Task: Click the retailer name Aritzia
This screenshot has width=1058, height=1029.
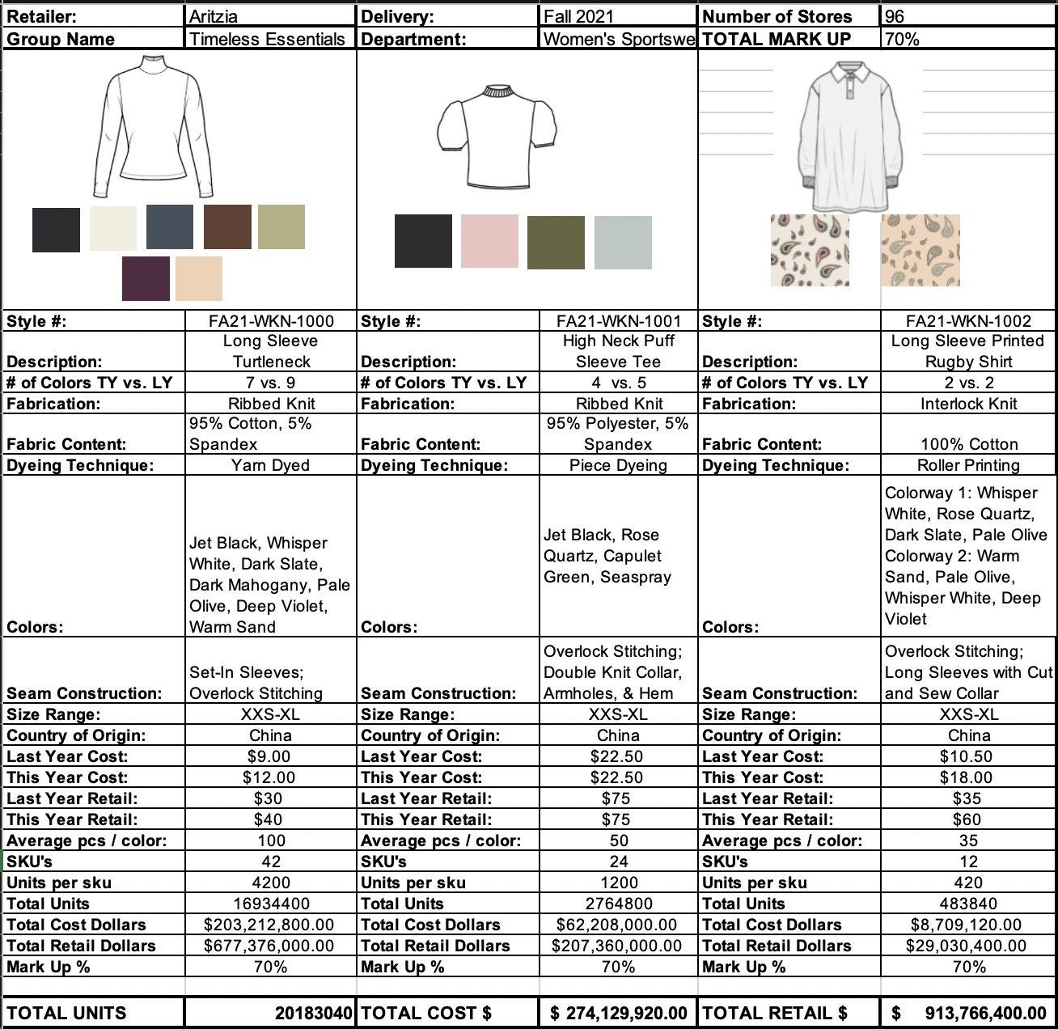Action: click(214, 16)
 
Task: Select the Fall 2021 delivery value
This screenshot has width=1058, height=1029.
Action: click(578, 16)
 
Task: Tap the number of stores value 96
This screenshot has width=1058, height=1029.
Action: click(895, 16)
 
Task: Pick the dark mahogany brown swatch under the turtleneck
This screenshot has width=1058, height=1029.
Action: click(227, 227)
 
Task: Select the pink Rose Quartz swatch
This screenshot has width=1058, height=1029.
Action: click(489, 241)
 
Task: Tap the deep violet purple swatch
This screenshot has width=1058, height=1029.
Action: click(146, 278)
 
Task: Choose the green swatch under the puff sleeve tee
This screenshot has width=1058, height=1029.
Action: click(556, 242)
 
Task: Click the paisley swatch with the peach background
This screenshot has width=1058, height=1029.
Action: click(920, 250)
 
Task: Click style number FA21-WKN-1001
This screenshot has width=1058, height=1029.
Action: click(619, 321)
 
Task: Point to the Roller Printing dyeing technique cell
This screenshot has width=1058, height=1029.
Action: click(968, 465)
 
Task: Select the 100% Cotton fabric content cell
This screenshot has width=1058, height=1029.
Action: click(968, 444)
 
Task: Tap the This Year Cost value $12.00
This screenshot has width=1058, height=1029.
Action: click(269, 777)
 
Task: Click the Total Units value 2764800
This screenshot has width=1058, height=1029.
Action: click(619, 904)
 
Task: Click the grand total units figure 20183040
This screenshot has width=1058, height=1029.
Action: click(313, 1013)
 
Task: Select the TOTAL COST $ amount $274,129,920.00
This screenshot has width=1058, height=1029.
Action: click(619, 1013)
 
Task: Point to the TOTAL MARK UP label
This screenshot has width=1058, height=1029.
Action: click(776, 38)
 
